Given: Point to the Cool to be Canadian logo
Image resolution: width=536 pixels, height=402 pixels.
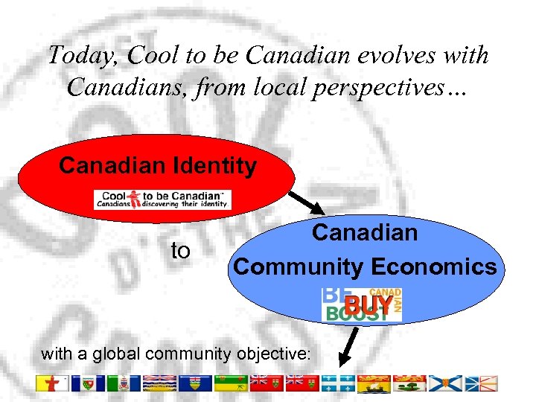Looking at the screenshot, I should [x=162, y=200].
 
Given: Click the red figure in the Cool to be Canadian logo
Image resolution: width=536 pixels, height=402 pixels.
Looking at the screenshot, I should [x=135, y=199].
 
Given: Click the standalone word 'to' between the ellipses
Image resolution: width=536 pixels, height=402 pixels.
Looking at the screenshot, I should [x=181, y=252].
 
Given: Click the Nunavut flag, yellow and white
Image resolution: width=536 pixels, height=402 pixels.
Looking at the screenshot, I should [x=51, y=383].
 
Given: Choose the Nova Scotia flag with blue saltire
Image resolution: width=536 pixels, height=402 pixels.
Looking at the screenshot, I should [x=444, y=383].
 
